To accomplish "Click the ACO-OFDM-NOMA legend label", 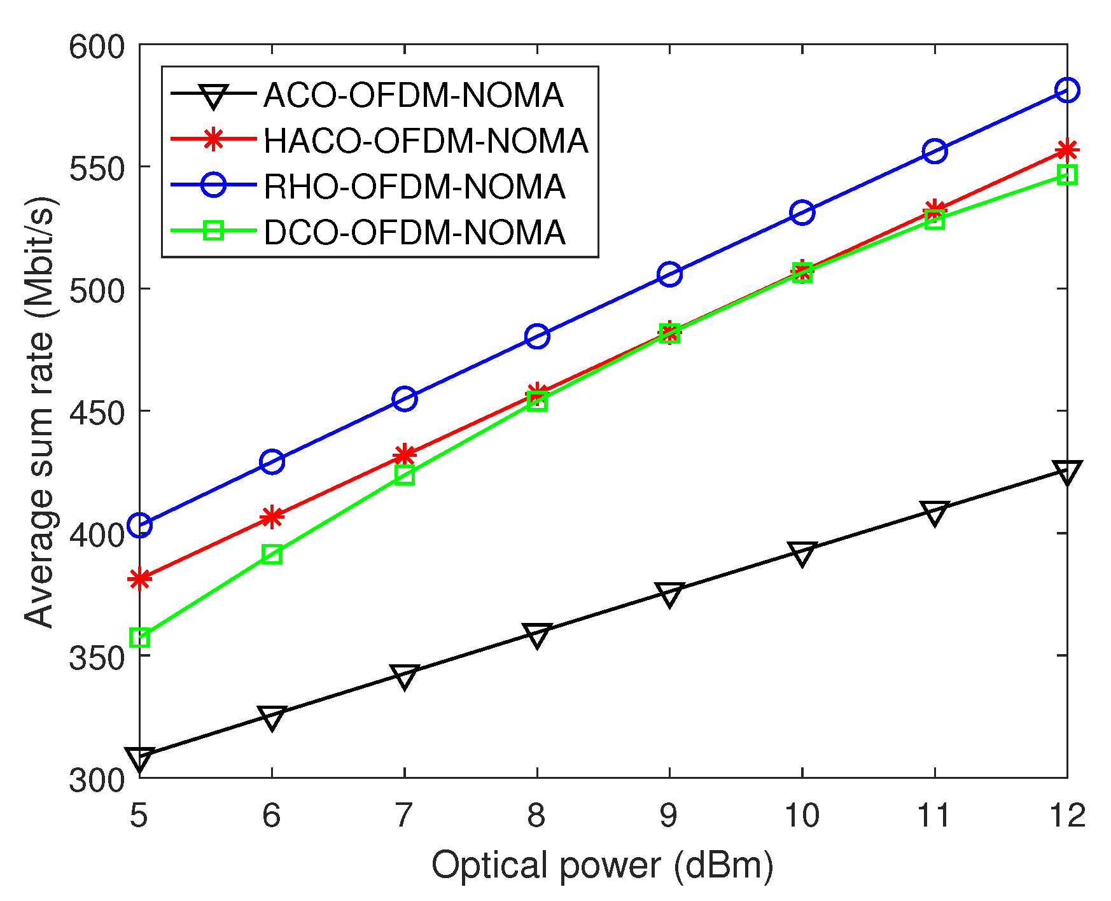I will [413, 95].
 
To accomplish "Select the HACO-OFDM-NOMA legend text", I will [426, 141].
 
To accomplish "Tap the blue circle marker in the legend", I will [213, 186].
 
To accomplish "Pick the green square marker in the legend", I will [213, 231].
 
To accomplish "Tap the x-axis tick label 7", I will [404, 815].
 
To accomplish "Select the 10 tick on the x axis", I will [801, 815].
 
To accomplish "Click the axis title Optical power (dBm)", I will [602, 866].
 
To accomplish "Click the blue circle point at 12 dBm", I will [1067, 90].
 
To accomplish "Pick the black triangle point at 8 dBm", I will [537, 634].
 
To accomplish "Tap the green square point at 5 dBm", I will [140, 638].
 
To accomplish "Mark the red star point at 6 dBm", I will [272, 517].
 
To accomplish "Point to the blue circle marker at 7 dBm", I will [405, 399].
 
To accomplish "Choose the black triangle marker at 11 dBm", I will [934, 512].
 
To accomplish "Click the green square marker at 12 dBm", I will [1067, 175].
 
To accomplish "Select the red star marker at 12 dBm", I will [1067, 151].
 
